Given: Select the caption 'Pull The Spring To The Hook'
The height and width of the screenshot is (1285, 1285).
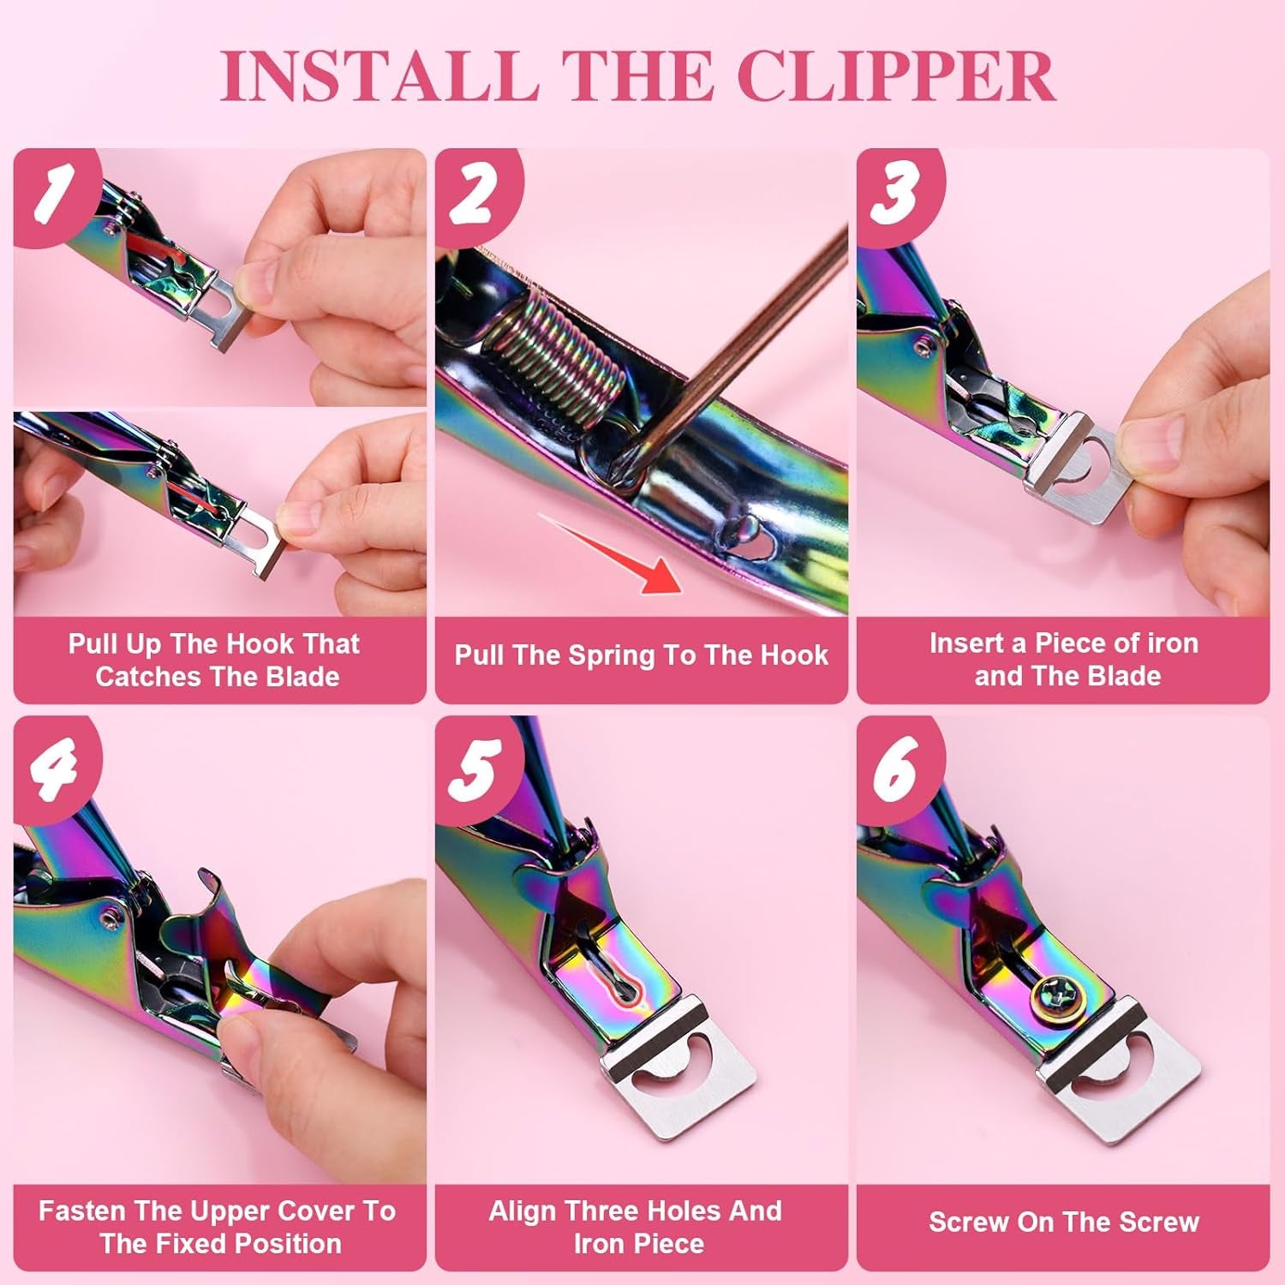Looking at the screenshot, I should [x=641, y=655].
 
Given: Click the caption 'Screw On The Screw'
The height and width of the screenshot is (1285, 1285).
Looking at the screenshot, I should [x=1063, y=1222].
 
